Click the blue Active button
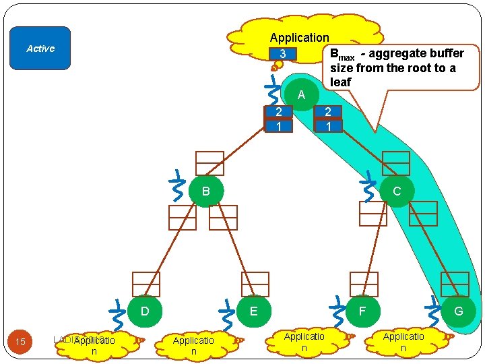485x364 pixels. (40, 49)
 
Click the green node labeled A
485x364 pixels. (301, 95)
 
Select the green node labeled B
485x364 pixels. (206, 191)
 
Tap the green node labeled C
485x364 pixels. (396, 191)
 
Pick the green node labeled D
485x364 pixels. (144, 311)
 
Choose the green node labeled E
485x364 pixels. (253, 311)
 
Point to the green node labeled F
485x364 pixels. (362, 311)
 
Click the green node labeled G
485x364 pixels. (459, 311)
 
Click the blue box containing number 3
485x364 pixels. (284, 54)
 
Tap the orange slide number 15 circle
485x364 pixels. (20, 342)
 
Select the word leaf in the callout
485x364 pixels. (341, 82)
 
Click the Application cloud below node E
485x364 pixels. (193, 346)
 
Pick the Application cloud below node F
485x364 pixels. (304, 342)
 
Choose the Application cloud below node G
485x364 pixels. (403, 342)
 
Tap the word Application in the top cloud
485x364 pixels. (299, 38)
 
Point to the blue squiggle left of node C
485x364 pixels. (368, 187)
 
